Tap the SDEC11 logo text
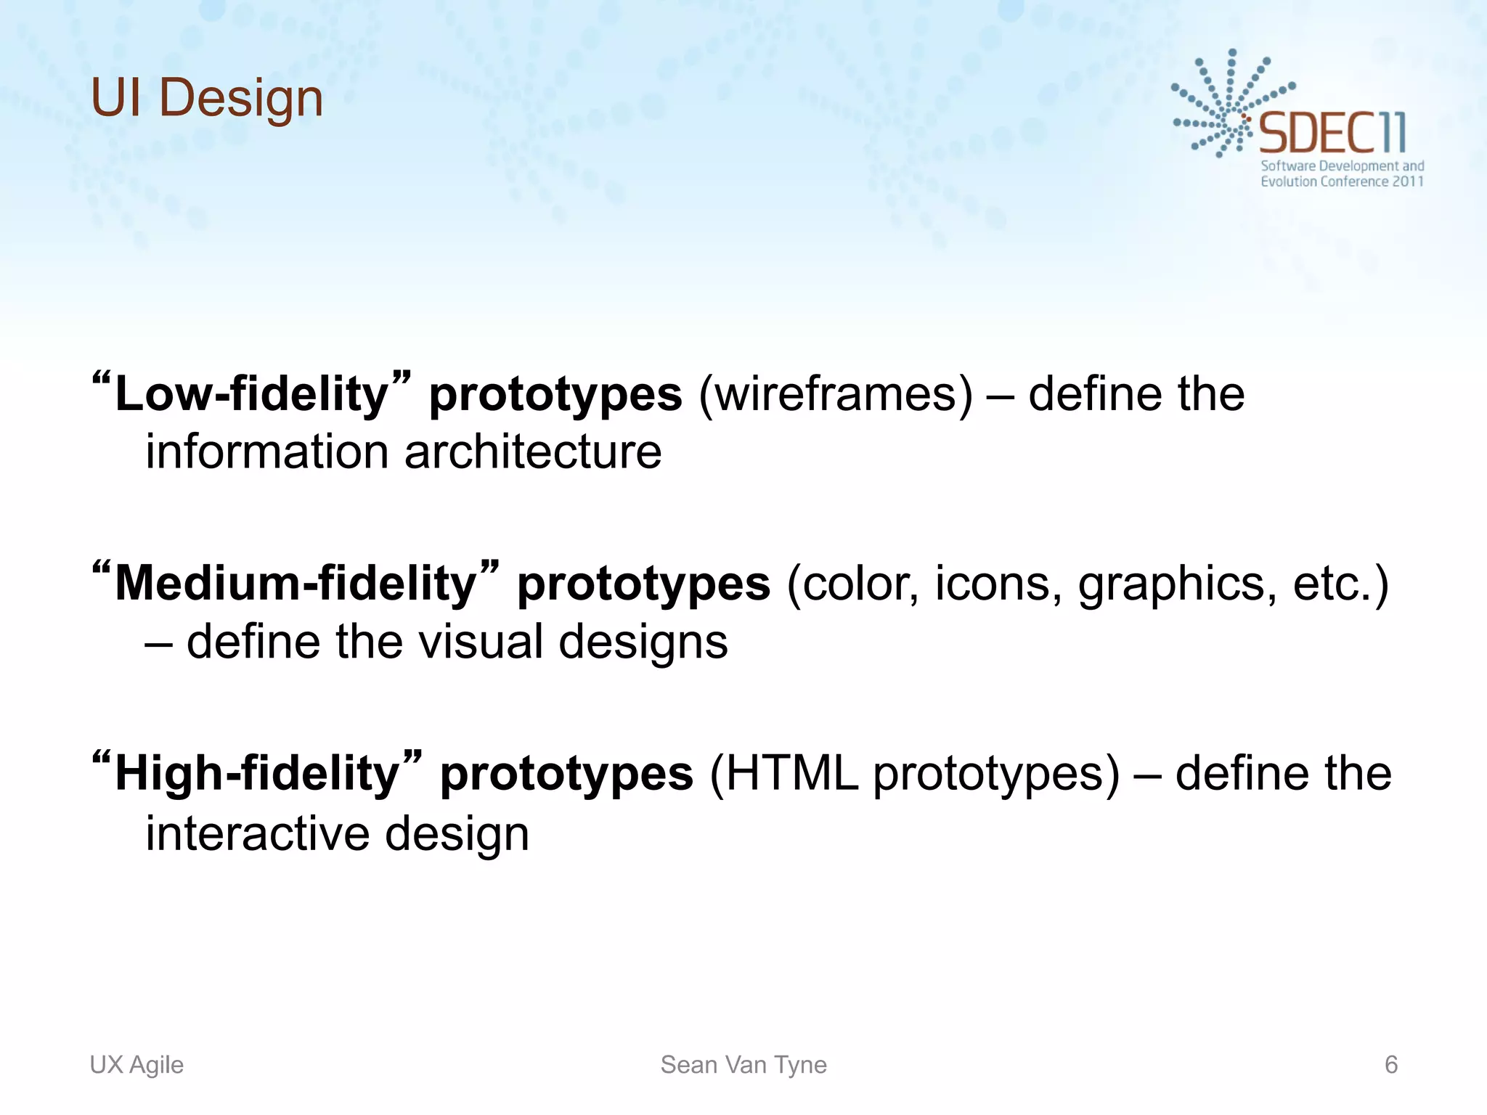click(1332, 133)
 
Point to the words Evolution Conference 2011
click(1342, 181)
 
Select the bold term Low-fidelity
click(253, 394)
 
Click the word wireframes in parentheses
click(835, 394)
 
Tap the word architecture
click(533, 452)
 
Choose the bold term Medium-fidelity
click(296, 584)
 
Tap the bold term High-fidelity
click(258, 774)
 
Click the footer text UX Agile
click(137, 1065)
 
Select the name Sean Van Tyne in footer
click(743, 1065)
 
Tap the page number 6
click(1391, 1065)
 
